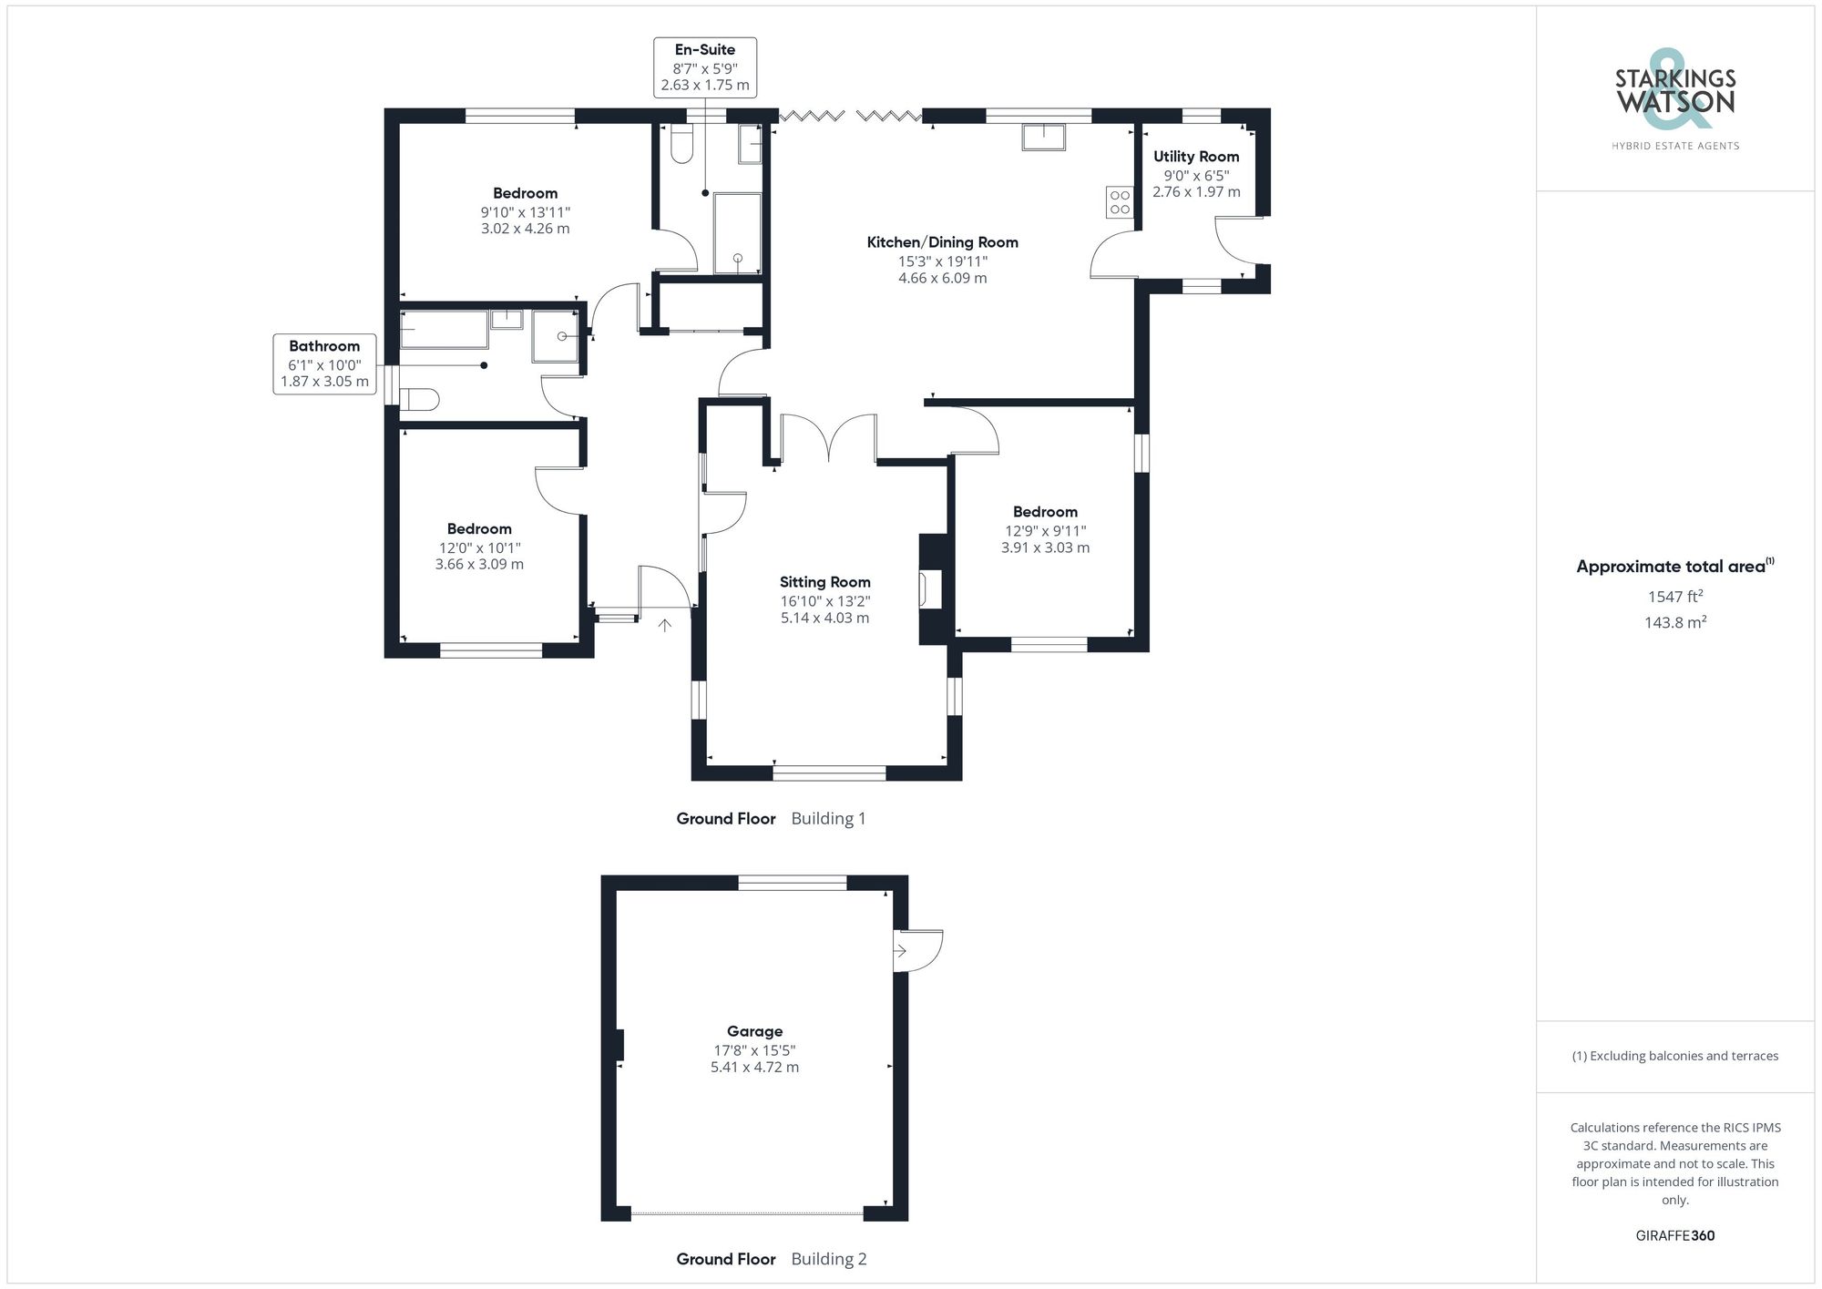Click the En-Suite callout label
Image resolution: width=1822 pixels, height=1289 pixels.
point(705,50)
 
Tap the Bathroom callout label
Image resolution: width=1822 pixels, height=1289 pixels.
point(324,346)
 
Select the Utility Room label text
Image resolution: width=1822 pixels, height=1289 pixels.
point(1195,157)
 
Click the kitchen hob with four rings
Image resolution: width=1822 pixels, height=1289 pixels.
point(1120,202)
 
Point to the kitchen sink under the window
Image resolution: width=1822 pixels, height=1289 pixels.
point(1043,137)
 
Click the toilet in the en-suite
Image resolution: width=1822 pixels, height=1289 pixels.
point(681,146)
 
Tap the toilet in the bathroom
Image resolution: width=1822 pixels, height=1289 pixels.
point(421,399)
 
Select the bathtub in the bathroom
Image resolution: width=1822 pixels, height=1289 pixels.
point(444,330)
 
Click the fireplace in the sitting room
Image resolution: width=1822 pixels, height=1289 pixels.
point(931,588)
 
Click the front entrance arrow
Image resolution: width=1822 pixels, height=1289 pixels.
point(665,625)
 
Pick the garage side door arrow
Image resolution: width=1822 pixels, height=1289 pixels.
point(900,951)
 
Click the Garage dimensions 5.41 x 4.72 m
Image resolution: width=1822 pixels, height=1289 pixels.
point(754,1067)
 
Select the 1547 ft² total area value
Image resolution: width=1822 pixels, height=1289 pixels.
point(1674,597)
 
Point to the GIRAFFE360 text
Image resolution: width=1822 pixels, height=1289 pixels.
point(1674,1235)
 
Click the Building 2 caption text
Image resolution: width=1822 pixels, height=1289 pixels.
point(828,1259)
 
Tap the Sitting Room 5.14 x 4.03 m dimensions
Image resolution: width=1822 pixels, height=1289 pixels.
point(824,618)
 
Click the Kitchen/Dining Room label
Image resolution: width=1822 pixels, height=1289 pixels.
point(942,242)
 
